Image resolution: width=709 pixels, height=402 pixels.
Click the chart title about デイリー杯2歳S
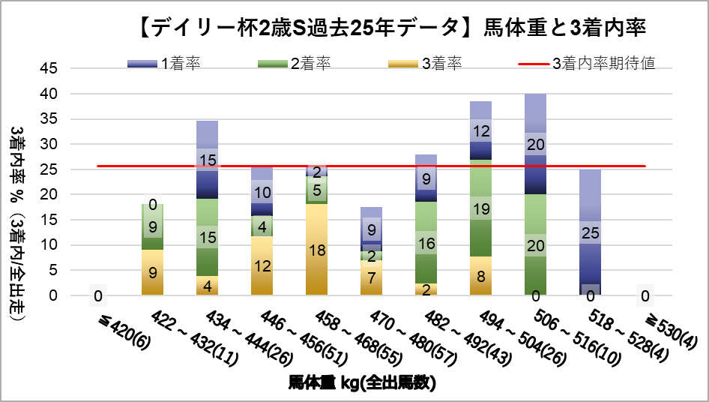(393, 28)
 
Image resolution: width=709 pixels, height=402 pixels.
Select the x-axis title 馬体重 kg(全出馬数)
(363, 382)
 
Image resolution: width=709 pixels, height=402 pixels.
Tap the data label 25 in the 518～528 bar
(590, 233)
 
